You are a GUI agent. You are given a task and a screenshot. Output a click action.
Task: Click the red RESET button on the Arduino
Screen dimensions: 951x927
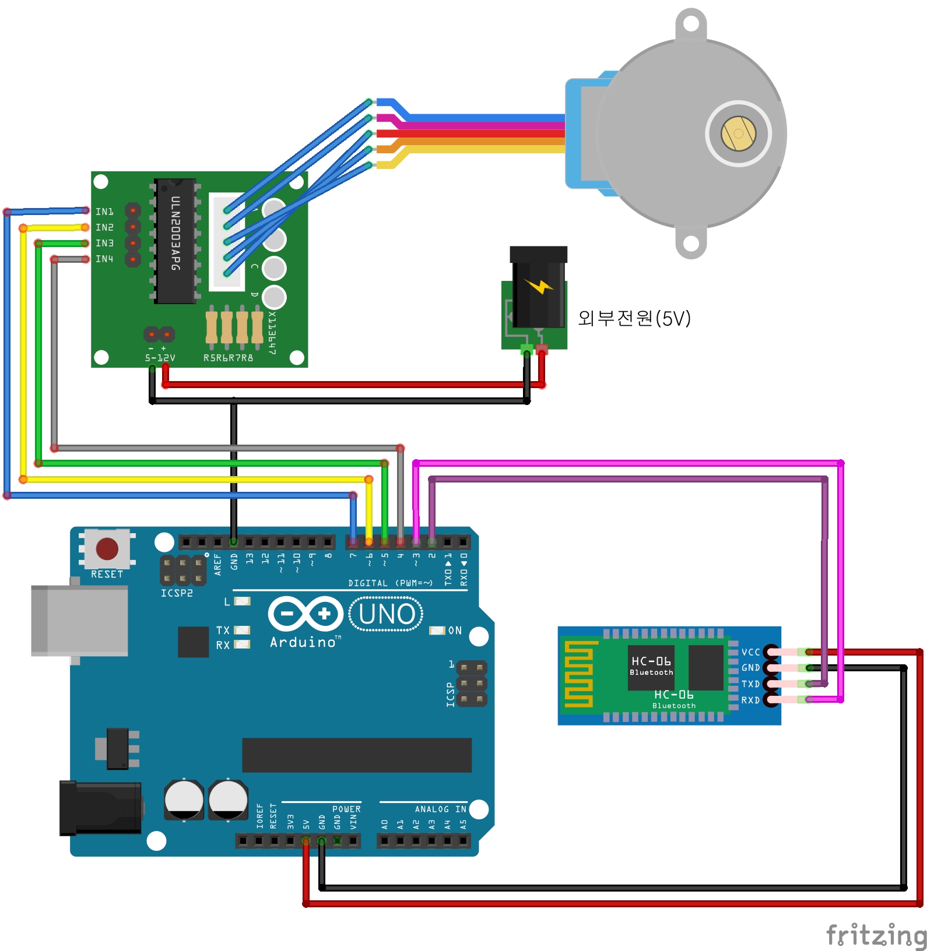[x=107, y=548]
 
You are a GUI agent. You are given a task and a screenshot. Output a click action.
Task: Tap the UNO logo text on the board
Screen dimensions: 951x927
[x=387, y=614]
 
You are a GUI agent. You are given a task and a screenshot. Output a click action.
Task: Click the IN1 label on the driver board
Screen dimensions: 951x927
[x=104, y=212]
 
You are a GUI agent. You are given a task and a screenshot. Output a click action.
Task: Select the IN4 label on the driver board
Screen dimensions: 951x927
[x=104, y=259]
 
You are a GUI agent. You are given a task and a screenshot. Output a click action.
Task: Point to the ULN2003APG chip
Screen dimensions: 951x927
[x=175, y=241]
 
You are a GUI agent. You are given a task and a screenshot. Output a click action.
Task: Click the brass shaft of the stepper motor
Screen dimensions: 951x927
[x=738, y=133]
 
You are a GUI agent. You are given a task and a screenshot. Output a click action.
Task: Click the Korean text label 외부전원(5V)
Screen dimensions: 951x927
[x=634, y=318]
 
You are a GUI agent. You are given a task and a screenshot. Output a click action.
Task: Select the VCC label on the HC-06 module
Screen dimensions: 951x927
[x=750, y=652]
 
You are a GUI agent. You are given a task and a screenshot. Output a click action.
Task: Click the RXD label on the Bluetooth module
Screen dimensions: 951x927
[x=750, y=700]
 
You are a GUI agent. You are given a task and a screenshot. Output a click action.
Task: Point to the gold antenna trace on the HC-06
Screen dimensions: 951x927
[x=578, y=674]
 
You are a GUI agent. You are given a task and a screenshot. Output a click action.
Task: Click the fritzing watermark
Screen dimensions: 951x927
[x=876, y=935]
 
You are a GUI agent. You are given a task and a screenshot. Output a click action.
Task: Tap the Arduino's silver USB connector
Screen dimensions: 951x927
[x=79, y=620]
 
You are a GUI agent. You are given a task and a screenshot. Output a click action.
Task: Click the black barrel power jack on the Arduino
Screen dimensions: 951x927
[x=100, y=808]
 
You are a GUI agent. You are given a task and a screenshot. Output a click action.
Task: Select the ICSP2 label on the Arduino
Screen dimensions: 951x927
[x=177, y=593]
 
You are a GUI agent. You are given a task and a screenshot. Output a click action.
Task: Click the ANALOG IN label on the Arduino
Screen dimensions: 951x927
[x=440, y=809]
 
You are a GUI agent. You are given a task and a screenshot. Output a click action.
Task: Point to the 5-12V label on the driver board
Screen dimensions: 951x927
[x=160, y=358]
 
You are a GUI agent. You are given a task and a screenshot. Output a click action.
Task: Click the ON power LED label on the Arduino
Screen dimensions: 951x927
[x=455, y=631]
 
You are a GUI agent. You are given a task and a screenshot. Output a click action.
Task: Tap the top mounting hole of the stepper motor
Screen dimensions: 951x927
[x=691, y=24]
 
